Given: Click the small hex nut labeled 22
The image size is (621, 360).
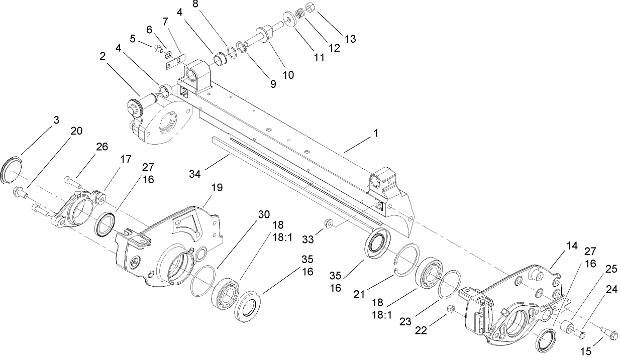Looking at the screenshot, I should pos(450,308).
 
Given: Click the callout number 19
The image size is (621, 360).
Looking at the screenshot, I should pos(217,187).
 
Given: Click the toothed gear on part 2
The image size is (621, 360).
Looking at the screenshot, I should pos(135,106).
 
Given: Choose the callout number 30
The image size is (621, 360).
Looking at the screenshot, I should pos(264,213).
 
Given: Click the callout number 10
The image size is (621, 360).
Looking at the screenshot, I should pos(288,75).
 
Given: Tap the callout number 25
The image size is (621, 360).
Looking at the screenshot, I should pos(610,269).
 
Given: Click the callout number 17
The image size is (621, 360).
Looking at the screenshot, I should pos(125,159).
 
